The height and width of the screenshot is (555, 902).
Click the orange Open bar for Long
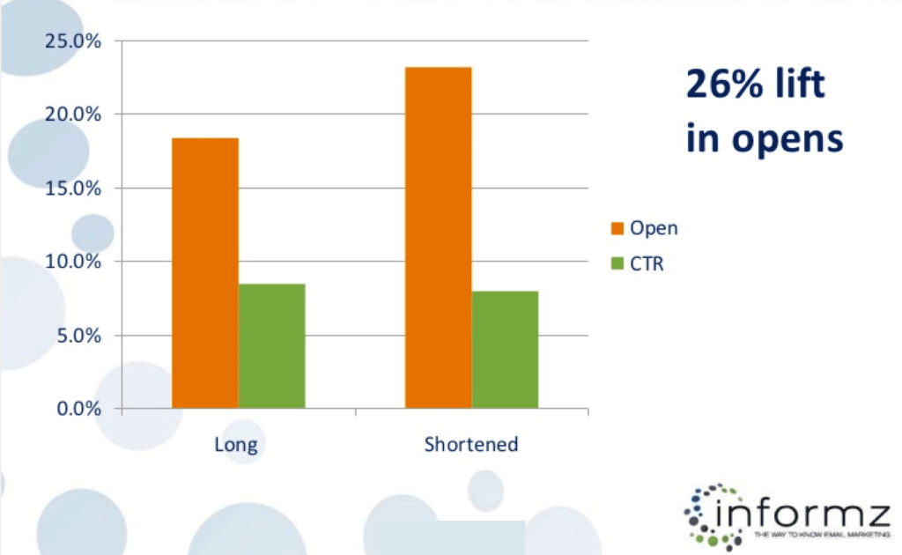(205, 273)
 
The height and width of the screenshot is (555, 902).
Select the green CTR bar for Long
(271, 345)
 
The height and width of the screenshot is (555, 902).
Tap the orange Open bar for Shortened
(438, 238)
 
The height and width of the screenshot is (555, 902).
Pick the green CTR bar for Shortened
(505, 349)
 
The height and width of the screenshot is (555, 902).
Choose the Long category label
(236, 443)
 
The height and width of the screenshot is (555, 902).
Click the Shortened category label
(471, 443)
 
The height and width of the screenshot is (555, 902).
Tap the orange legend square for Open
(617, 228)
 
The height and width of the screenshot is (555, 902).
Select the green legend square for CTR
(617, 263)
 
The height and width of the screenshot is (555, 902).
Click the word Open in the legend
(654, 228)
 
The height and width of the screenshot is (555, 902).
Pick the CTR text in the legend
(647, 263)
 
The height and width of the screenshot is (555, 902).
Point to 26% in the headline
(726, 85)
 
